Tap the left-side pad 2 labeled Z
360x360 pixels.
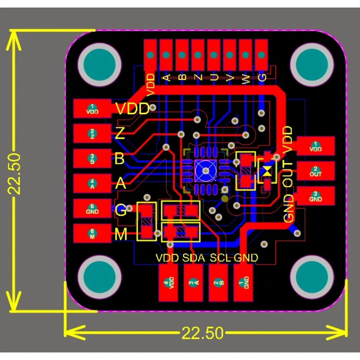92,134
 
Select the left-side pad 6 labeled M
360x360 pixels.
92,234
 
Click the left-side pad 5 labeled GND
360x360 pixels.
92,209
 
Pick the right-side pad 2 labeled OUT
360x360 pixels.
315,172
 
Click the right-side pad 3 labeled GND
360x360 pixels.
315,197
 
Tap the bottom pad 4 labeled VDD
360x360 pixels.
168,283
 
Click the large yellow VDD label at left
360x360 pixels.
132,109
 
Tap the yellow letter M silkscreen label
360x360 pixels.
121,235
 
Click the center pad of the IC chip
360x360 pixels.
205,170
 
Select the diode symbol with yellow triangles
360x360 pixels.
266,172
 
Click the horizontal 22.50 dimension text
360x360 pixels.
202,333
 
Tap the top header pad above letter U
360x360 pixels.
214,55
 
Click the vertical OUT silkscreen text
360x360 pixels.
289,174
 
